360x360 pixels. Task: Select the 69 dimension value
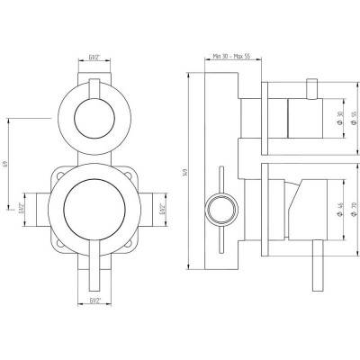pyautogui.click(x=6, y=164)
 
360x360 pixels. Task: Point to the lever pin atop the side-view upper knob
pyautogui.click(x=311, y=87)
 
